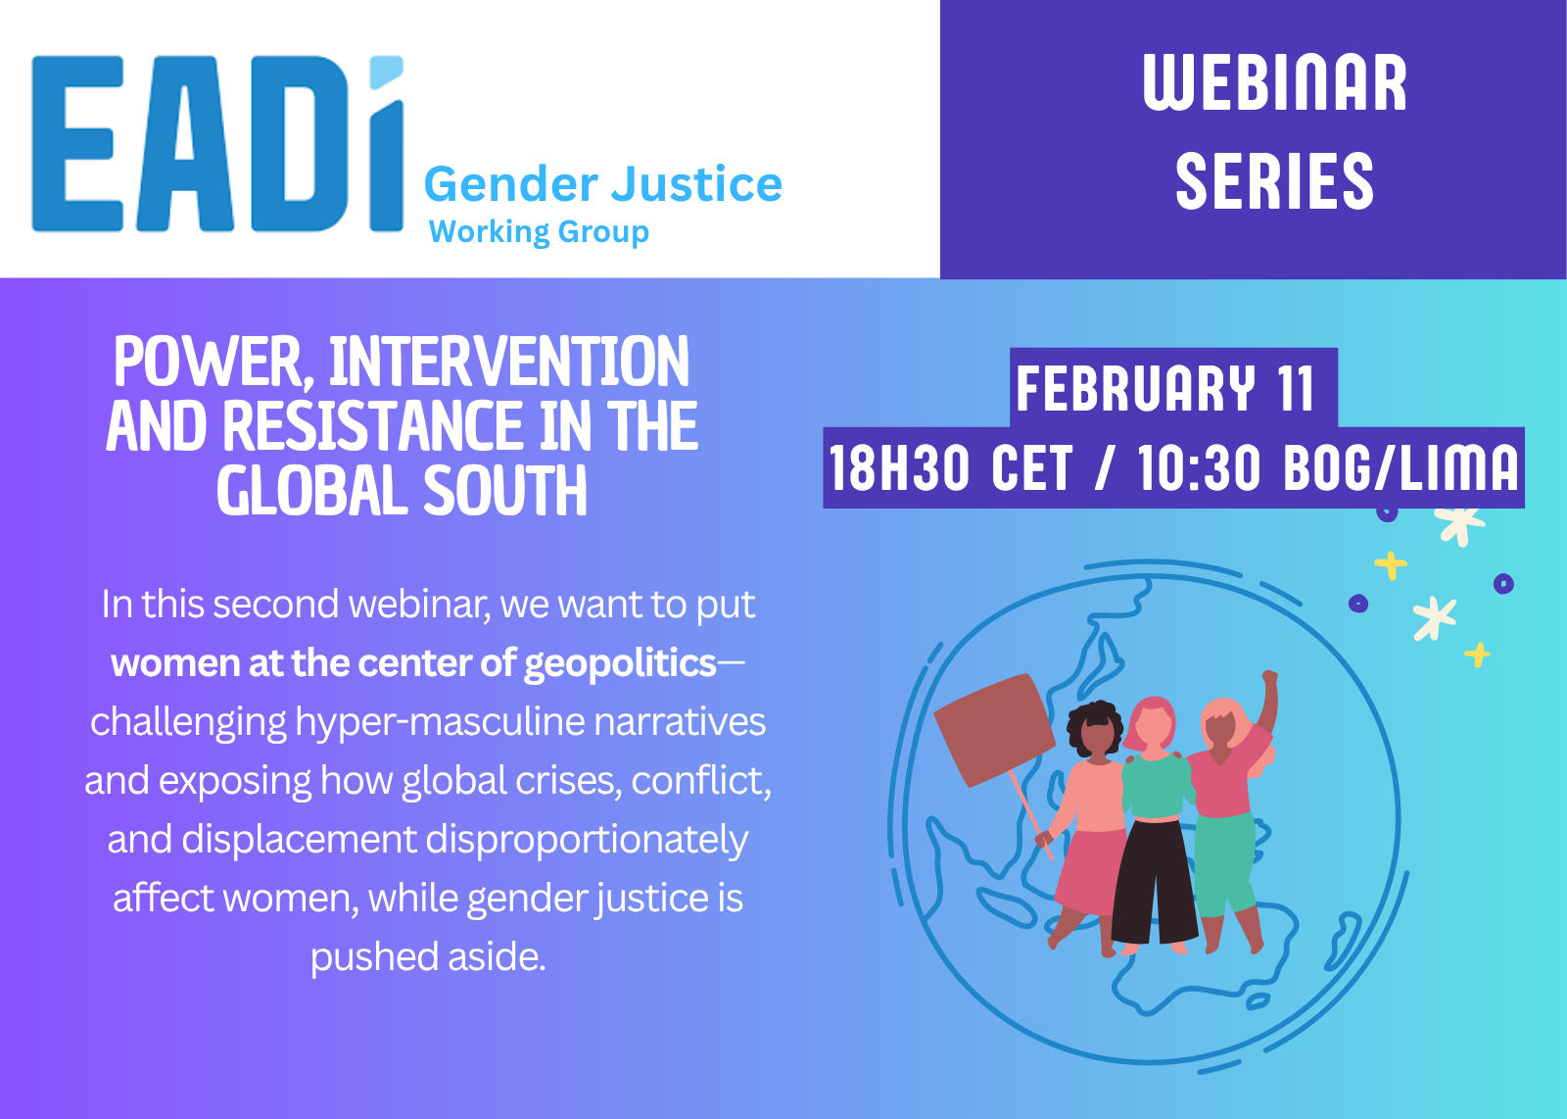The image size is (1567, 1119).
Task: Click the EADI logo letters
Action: click(217, 143)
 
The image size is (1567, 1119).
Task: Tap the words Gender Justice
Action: click(603, 185)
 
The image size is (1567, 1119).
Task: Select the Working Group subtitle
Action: click(539, 231)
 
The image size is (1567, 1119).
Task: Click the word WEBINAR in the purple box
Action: click(1274, 82)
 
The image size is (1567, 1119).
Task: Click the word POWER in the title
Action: click(208, 363)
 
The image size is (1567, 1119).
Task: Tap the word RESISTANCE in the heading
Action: click(373, 426)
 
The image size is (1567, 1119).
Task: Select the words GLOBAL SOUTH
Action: click(402, 491)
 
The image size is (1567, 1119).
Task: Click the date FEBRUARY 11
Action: click(1164, 388)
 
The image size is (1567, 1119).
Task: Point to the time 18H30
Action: click(899, 467)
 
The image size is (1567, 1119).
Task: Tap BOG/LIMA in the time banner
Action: click(1401, 467)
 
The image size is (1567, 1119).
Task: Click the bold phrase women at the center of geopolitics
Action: click(413, 663)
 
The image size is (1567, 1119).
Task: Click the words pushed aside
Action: click(428, 956)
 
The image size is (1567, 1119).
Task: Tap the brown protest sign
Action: click(994, 729)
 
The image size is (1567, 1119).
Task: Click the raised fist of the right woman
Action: click(1269, 678)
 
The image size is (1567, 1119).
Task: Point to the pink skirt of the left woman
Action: click(1087, 871)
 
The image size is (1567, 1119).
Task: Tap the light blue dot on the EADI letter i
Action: click(386, 72)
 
